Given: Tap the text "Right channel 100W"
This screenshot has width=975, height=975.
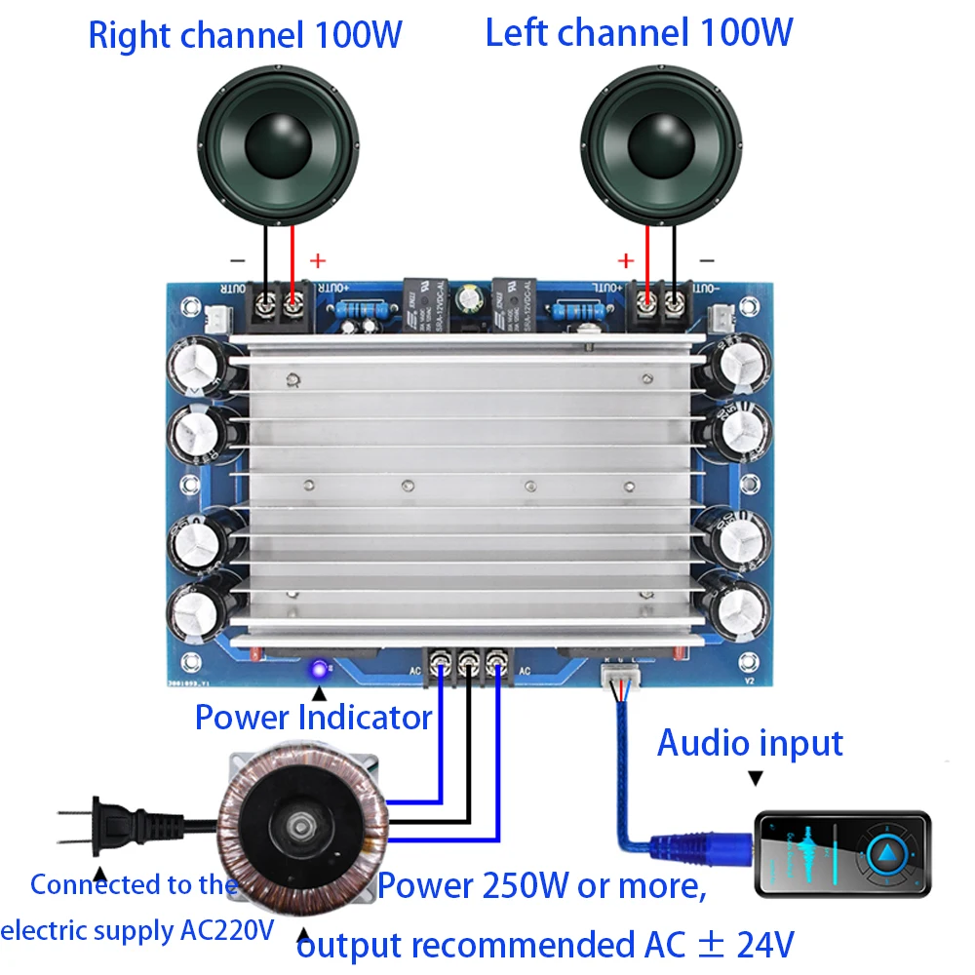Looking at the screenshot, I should coord(245,35).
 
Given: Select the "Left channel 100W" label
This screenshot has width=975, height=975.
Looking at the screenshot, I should coord(639,33).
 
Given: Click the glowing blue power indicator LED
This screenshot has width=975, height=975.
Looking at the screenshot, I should coord(318,670).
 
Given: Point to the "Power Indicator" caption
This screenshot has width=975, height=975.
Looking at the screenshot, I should coord(313,718).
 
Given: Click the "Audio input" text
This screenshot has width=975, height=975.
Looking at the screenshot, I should coord(750,743).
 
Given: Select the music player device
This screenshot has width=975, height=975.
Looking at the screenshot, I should coord(842,853).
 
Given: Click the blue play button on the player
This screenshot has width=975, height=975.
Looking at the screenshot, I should coord(888,855).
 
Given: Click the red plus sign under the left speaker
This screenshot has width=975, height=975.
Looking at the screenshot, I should coord(626,260).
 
